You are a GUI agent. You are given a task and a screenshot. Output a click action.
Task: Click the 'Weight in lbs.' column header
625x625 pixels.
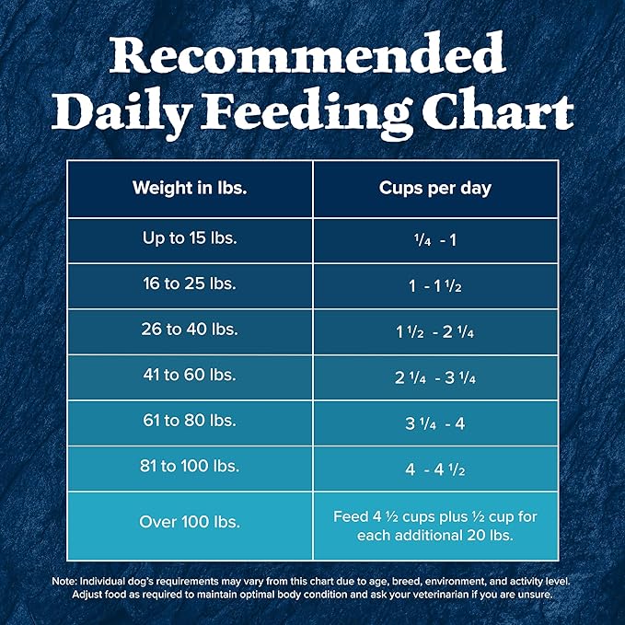tap(190, 189)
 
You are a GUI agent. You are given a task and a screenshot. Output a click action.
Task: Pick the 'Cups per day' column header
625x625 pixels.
tap(435, 189)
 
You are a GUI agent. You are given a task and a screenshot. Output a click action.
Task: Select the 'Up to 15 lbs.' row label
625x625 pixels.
tap(190, 238)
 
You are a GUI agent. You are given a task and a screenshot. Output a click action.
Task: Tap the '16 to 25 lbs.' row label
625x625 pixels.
tap(190, 284)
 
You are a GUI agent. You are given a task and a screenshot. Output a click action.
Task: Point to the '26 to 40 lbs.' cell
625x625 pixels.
tap(190, 330)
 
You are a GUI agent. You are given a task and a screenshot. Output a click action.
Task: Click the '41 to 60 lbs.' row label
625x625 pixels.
tap(190, 376)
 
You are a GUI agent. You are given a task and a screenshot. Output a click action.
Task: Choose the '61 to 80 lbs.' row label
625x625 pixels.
tap(190, 422)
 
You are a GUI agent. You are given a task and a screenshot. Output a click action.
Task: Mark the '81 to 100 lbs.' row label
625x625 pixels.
tap(190, 467)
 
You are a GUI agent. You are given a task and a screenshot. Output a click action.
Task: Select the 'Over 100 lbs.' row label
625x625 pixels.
tap(190, 522)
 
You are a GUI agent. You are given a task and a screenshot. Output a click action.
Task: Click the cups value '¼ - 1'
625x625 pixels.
tap(435, 239)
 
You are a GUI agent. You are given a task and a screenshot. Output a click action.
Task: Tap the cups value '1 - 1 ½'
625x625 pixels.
tap(435, 285)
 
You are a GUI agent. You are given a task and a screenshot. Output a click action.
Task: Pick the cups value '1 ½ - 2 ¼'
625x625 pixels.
tap(435, 331)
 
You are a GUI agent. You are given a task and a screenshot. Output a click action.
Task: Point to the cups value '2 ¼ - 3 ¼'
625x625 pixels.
tap(435, 376)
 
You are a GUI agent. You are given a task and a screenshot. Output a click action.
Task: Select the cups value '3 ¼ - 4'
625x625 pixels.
tap(435, 422)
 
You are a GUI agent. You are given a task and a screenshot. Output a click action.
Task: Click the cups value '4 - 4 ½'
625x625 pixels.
tap(435, 468)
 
